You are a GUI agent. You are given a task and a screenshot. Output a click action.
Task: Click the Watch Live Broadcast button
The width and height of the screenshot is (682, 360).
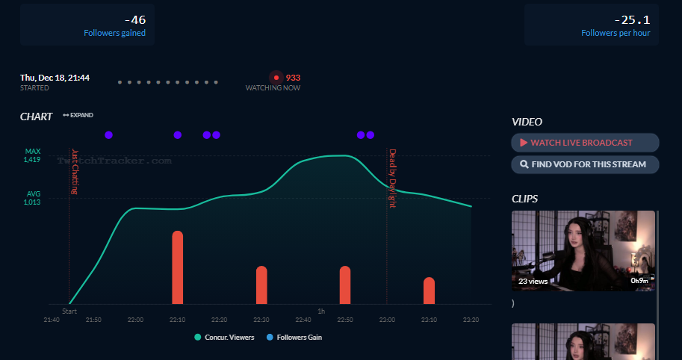[x=585, y=143]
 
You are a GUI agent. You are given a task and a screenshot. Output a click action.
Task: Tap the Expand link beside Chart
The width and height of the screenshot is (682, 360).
[x=78, y=116]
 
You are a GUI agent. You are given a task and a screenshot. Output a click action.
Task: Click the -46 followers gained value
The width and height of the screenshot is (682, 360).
[x=136, y=20]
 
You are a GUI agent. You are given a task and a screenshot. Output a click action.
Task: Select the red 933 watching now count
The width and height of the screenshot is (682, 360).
[x=293, y=78]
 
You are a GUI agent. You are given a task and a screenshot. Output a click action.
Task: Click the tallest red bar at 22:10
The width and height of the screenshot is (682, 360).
[x=177, y=267]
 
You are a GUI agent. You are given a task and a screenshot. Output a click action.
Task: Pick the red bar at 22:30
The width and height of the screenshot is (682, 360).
[x=261, y=285]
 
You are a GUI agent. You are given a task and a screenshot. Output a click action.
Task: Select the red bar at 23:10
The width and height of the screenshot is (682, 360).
[x=429, y=291]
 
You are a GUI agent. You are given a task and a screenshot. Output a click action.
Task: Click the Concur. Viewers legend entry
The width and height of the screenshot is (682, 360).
[x=224, y=338]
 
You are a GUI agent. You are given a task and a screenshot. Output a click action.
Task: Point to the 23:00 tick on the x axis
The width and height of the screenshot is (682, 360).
[x=386, y=320]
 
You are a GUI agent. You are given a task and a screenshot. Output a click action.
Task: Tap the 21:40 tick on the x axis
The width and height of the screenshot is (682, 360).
[x=52, y=320]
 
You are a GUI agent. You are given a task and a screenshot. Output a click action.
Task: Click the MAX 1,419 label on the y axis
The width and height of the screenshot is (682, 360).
[x=31, y=155]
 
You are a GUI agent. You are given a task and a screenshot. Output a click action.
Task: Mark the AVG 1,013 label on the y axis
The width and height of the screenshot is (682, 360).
[x=31, y=198]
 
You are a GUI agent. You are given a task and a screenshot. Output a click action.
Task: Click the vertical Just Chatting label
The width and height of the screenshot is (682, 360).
[x=75, y=172]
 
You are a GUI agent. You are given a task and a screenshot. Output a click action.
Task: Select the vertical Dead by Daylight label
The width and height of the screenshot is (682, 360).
[x=392, y=178]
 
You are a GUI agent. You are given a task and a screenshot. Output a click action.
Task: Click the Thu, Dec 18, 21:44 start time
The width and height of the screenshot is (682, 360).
[x=55, y=78]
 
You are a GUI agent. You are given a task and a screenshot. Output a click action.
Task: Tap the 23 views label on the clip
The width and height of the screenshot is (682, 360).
[x=533, y=282]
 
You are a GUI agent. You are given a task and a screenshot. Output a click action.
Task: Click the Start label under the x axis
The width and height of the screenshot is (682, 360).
[x=69, y=311]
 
